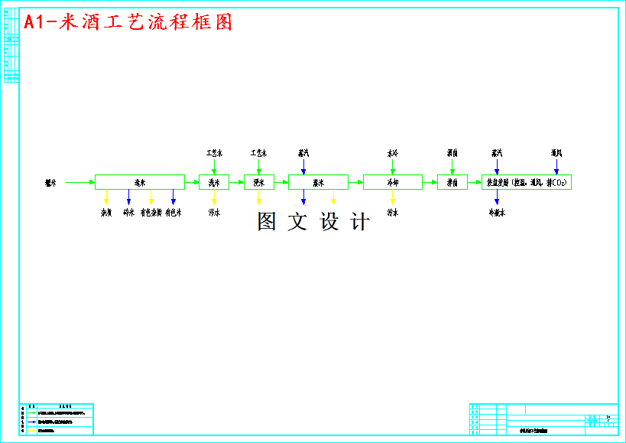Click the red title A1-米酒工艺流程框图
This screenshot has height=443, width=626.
click(x=128, y=22)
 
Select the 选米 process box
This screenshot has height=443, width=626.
click(x=140, y=182)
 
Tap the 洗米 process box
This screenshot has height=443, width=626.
click(x=214, y=182)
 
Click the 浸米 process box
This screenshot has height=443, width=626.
click(x=259, y=182)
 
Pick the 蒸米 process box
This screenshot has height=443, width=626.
click(x=318, y=182)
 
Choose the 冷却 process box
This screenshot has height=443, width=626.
click(x=392, y=182)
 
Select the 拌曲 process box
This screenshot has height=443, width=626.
click(x=452, y=182)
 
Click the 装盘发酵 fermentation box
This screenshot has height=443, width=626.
click(x=527, y=182)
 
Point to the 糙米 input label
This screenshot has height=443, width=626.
click(x=50, y=182)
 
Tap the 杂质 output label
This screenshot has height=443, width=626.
click(x=107, y=213)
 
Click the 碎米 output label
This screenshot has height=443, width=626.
click(x=128, y=213)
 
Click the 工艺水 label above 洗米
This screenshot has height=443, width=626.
click(x=214, y=153)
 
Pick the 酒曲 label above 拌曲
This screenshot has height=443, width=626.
click(x=452, y=153)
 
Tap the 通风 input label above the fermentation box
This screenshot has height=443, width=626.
click(x=556, y=153)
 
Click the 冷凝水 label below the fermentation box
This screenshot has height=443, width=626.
click(x=497, y=213)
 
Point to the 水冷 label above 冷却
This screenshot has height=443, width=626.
click(x=392, y=153)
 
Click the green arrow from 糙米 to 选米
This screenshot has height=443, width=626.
click(x=79, y=182)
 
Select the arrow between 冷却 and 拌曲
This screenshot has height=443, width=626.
click(x=430, y=182)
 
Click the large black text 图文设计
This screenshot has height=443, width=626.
click(x=313, y=222)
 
